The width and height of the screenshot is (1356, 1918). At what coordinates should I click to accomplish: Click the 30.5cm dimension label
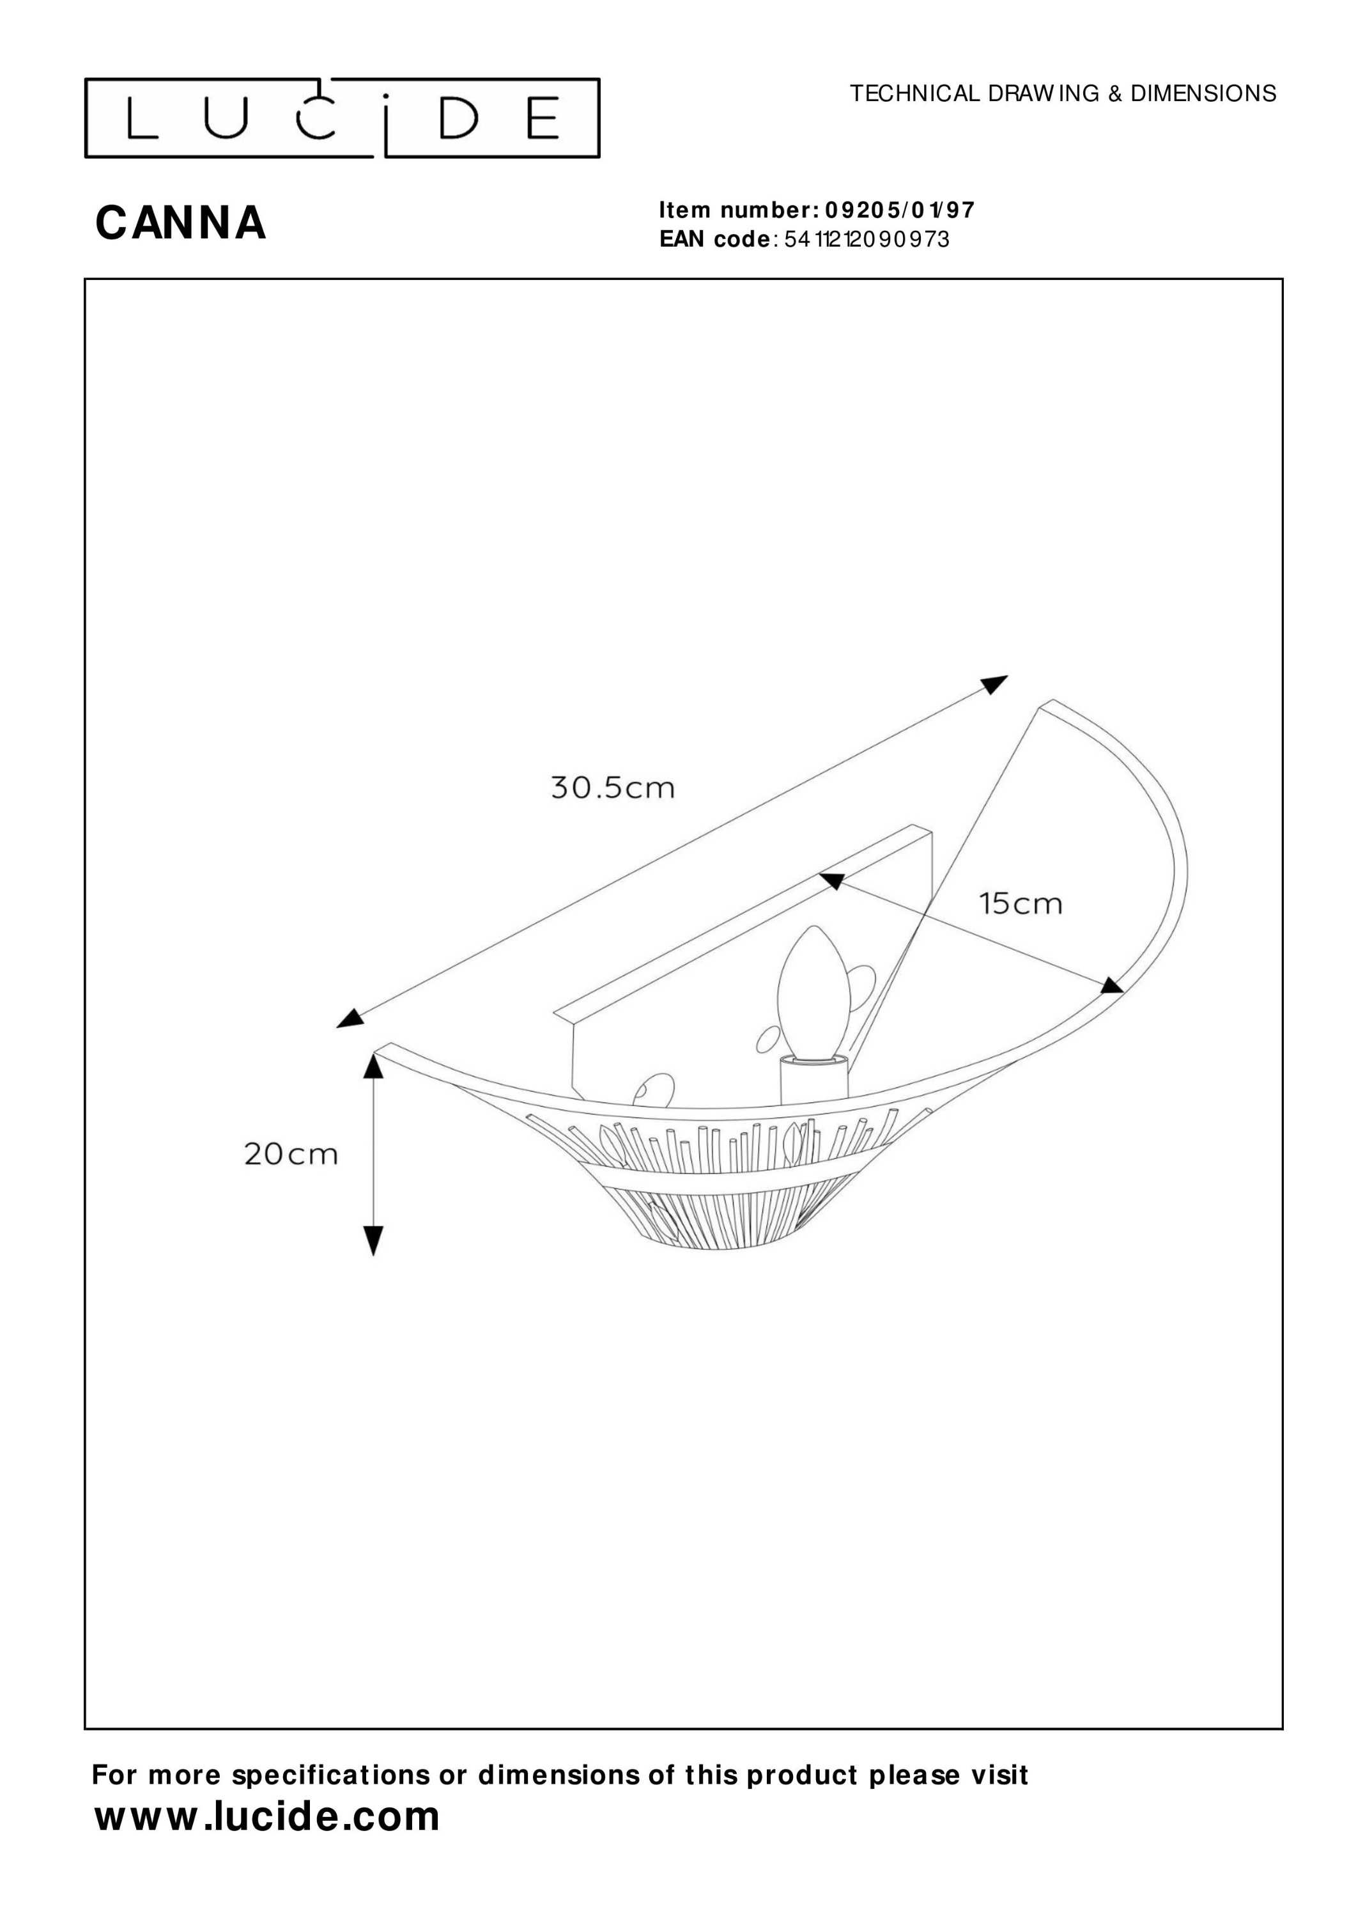coord(612,788)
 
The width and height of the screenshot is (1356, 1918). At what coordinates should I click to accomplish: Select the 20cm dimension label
coord(291,1155)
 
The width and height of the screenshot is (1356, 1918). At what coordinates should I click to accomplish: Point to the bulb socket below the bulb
coord(813,1080)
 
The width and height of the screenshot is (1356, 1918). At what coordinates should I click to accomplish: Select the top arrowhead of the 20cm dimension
coord(373,1066)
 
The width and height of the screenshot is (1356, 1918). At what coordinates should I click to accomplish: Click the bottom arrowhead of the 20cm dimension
coord(373,1240)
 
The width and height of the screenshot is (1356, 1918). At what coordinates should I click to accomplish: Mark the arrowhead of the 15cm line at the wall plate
coord(831,880)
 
